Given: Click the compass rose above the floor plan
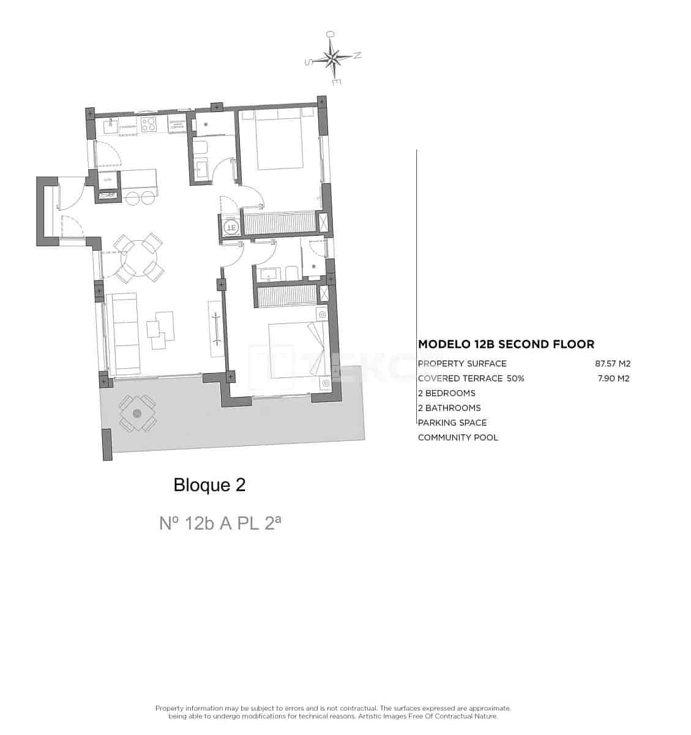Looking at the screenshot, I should point(333,59).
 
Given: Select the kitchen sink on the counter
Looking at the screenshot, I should point(111,126).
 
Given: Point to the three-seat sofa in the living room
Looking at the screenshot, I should point(125,334).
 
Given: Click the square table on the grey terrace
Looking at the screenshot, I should point(137,414).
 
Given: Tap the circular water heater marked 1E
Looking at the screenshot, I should point(231,227).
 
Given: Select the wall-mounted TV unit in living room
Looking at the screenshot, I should point(215,329).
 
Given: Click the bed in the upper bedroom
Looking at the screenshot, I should point(280,140).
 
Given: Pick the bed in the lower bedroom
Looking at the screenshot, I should point(296,350).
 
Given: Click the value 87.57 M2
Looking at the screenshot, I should point(612,363).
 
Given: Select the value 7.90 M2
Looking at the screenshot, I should point(614,378).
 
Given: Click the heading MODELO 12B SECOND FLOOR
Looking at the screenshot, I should point(506,344).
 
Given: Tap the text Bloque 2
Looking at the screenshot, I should point(209,485).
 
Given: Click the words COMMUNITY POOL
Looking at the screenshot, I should point(458,437).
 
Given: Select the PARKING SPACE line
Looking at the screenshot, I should point(452,423).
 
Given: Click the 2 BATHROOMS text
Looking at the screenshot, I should point(449,408).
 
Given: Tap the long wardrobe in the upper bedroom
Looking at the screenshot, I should point(278,221).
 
